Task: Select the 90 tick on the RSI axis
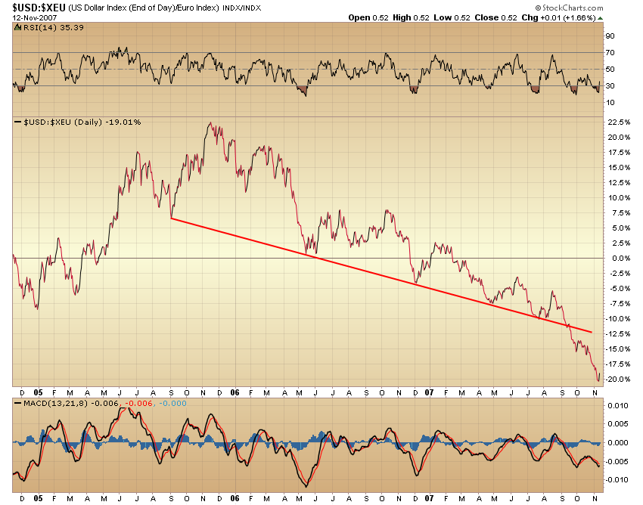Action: tap(610, 36)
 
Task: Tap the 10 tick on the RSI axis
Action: tap(610, 102)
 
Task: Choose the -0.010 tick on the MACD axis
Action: tap(618, 479)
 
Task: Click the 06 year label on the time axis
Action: tap(235, 393)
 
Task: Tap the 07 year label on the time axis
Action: tap(430, 393)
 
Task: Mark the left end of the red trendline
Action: tap(172, 218)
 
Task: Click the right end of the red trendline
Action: tap(592, 331)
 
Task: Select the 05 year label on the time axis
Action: tap(37, 393)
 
